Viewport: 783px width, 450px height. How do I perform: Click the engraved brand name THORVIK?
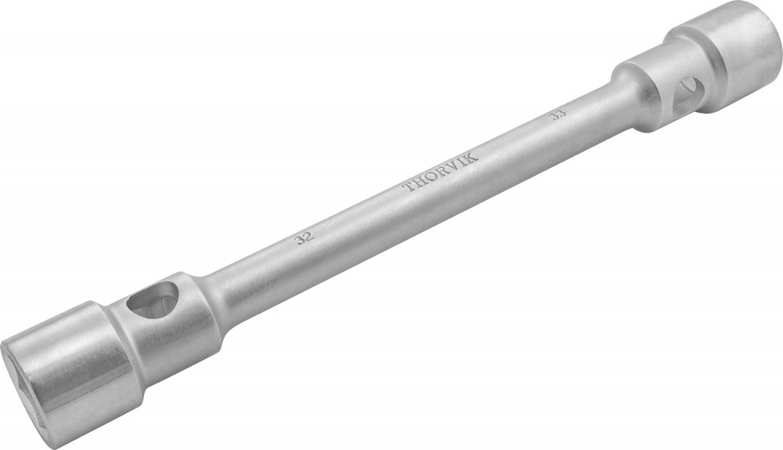[x=441, y=172]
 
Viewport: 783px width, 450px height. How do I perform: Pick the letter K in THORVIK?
[x=472, y=157]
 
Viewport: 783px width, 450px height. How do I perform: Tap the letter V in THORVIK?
[x=455, y=165]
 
